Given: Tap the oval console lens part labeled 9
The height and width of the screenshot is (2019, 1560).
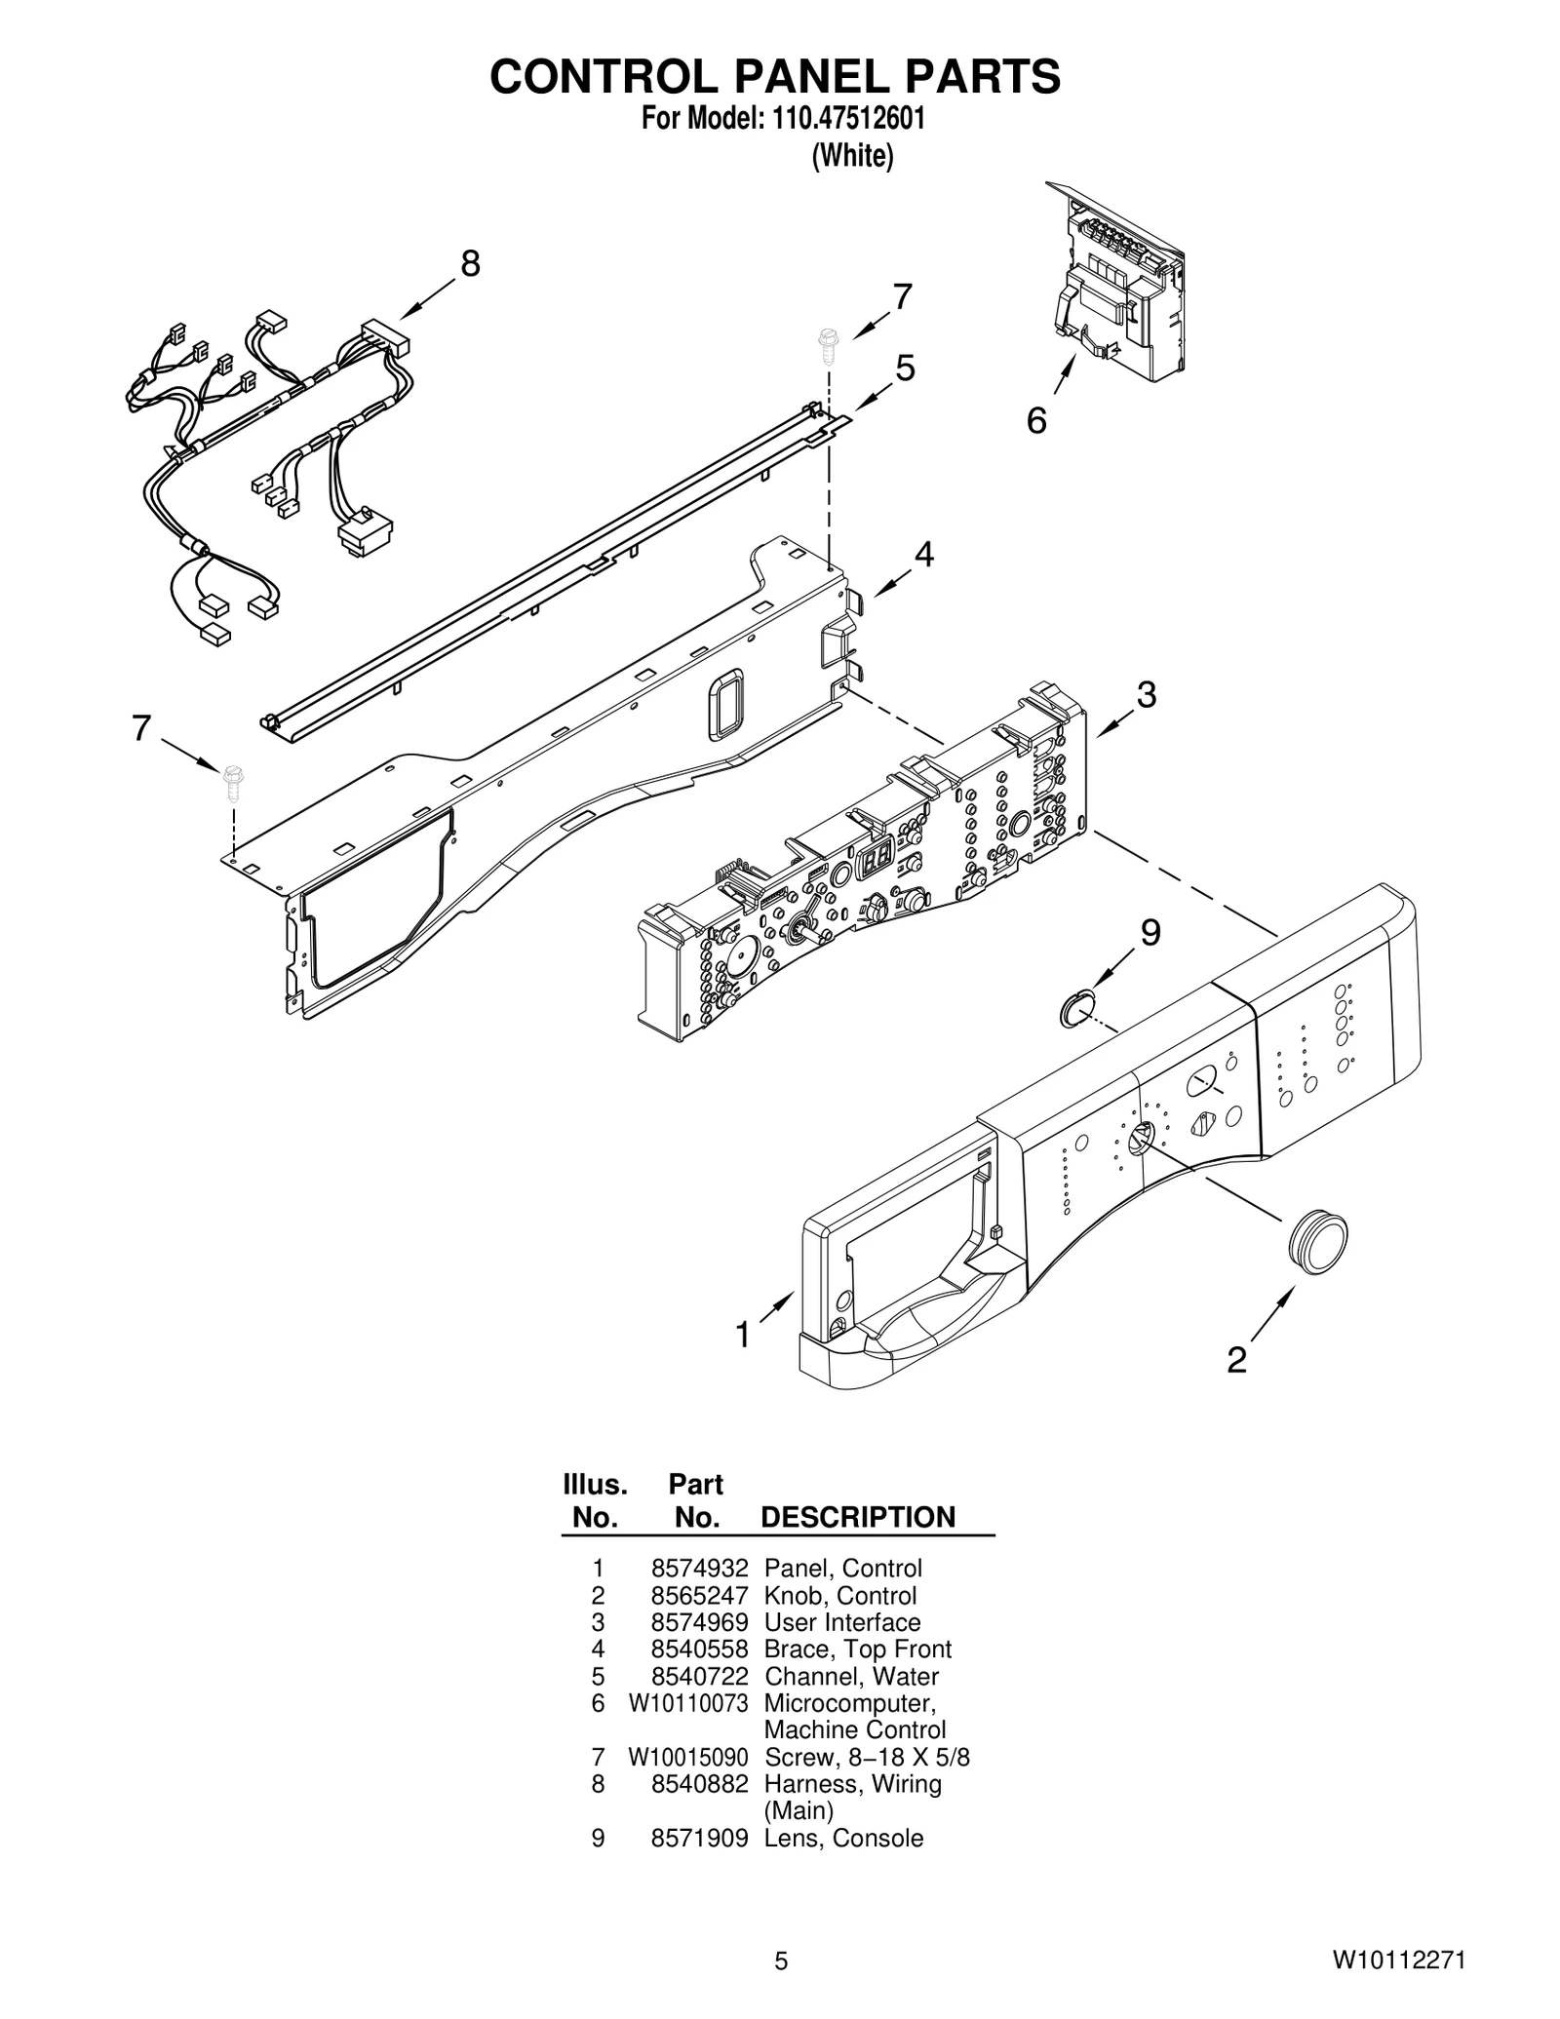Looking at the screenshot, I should (x=1076, y=1007).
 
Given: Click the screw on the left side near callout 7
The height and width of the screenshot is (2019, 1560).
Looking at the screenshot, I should (x=233, y=778).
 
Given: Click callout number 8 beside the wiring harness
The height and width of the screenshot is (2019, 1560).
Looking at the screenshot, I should (x=470, y=263).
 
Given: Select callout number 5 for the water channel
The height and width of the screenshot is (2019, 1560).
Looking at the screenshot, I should (x=905, y=369).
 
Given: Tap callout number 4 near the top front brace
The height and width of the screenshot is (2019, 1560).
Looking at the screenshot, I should (x=923, y=555).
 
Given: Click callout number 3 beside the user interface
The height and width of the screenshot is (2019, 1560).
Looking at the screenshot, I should (x=1147, y=695).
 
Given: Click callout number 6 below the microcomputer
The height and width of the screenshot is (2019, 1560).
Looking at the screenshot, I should (x=1036, y=421).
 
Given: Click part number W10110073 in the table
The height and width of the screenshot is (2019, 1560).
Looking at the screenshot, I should (x=687, y=1703).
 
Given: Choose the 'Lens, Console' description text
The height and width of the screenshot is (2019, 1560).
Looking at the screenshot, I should (x=843, y=1838).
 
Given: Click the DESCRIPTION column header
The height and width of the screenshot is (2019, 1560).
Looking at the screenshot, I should (x=857, y=1517).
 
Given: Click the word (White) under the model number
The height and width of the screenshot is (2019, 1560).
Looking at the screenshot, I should (x=852, y=156).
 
